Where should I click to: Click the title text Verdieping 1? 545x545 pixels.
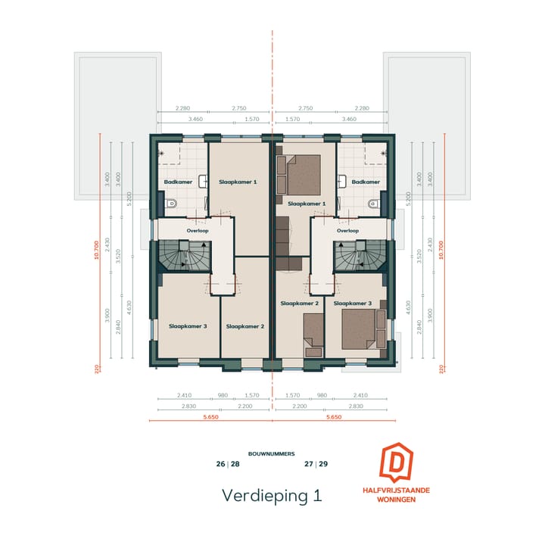tap(272, 495)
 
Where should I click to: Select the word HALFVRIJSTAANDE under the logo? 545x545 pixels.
tap(396, 490)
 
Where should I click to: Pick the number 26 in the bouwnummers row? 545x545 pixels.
tap(220, 464)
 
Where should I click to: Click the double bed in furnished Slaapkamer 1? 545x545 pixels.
tap(303, 175)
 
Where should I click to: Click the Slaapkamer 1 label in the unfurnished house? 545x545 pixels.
tap(238, 182)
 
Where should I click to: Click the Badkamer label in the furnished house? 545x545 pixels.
tap(366, 182)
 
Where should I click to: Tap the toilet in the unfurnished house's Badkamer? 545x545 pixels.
tap(170, 203)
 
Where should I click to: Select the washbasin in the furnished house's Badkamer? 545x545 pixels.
tap(343, 181)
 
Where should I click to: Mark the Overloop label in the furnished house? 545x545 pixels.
tap(347, 231)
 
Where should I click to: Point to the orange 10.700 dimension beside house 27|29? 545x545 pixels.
tap(441, 250)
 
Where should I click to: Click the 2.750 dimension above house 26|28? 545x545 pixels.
tap(238, 109)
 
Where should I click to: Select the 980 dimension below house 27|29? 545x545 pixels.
tap(321, 395)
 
